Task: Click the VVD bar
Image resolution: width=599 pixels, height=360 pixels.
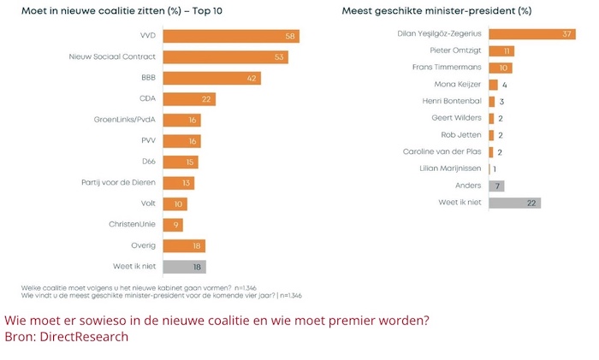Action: (230, 37)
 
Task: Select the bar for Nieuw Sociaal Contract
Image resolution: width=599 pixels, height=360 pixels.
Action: (225, 57)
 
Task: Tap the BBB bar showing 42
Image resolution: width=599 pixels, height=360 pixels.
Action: (211, 78)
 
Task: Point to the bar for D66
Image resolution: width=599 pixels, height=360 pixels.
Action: (181, 162)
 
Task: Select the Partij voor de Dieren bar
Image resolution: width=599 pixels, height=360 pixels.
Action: (178, 183)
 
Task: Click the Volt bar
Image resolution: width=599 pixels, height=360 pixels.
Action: (175, 204)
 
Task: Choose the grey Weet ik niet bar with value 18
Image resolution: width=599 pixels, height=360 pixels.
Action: (184, 266)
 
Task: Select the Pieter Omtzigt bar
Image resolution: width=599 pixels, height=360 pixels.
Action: (501, 51)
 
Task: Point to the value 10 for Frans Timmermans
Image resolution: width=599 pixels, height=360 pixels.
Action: (506, 68)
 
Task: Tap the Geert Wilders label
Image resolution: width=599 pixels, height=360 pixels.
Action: (458, 118)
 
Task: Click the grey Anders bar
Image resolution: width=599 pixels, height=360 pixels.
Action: (495, 186)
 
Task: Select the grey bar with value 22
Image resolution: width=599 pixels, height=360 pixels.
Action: (513, 203)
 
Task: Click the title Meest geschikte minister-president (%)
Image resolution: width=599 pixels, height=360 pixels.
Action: (436, 11)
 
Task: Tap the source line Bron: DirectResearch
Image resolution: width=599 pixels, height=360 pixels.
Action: (66, 337)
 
